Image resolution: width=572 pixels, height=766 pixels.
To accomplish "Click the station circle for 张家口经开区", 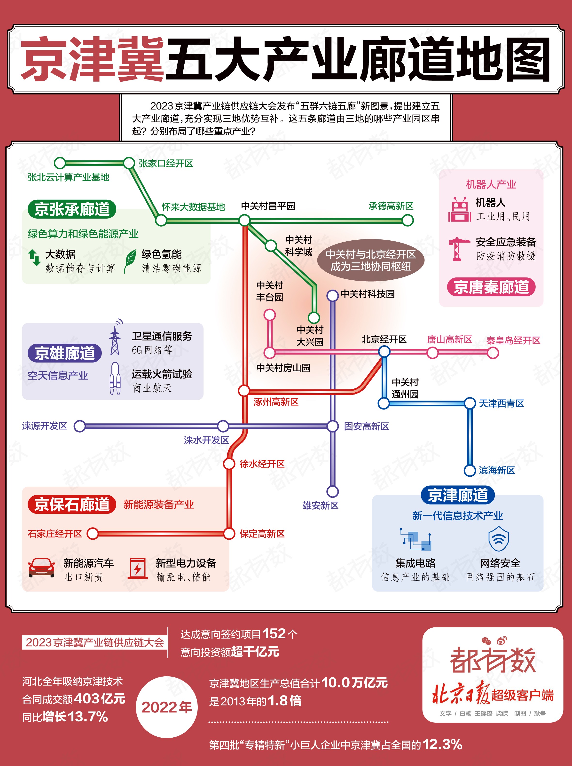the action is (129, 163).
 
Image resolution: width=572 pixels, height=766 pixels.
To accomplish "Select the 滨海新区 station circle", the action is (470, 471).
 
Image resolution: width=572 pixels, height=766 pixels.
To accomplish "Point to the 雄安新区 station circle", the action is (332, 491).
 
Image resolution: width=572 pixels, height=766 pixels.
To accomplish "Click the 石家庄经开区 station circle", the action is (93, 534).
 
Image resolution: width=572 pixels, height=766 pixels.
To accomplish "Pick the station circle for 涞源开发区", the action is (80, 426).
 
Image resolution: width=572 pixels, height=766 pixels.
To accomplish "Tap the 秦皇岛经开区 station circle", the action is (493, 353).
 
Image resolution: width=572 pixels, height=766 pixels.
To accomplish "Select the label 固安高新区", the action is (366, 426).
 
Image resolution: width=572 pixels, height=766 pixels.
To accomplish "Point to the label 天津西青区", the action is (501, 403).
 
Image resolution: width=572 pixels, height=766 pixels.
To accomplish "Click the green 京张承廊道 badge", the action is (72, 209).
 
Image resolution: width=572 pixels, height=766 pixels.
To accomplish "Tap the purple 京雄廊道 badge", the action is (65, 353).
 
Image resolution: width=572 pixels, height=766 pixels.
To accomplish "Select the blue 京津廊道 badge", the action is (458, 495).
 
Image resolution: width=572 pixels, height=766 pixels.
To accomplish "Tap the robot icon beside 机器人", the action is (460, 209).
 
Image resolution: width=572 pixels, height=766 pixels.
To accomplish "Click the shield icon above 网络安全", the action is (499, 538).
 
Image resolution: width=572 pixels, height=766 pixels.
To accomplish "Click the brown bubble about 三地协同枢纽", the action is (370, 260).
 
